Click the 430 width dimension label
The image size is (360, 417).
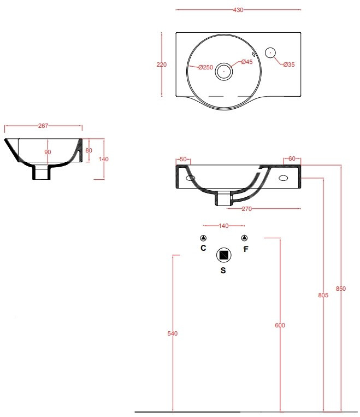pos(238,10)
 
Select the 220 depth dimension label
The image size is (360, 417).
pos(161,64)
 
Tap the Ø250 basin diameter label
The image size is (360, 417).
pos(205,68)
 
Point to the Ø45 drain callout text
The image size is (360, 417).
pos(247,62)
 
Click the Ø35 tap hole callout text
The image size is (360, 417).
pos(289,64)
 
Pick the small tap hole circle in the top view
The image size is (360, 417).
pos(270,52)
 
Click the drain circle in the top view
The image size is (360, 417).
pos(224,71)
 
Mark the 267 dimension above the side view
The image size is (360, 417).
pos(43,126)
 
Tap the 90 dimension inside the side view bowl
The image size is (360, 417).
pos(48,152)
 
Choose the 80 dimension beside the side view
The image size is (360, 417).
pos(89,150)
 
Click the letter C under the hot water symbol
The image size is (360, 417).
pos(203,248)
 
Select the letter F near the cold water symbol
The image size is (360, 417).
pos(246,249)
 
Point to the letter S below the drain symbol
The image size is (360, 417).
pos(223,271)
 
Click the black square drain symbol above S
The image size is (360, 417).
pos(224,255)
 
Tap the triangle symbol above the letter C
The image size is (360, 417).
pos(203,238)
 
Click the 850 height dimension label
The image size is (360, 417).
pos(340,289)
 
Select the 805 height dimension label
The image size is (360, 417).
pos(323,295)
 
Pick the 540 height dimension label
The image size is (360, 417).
pos(172,333)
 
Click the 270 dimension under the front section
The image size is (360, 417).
pos(246,209)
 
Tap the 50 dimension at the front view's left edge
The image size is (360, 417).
pos(183,159)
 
